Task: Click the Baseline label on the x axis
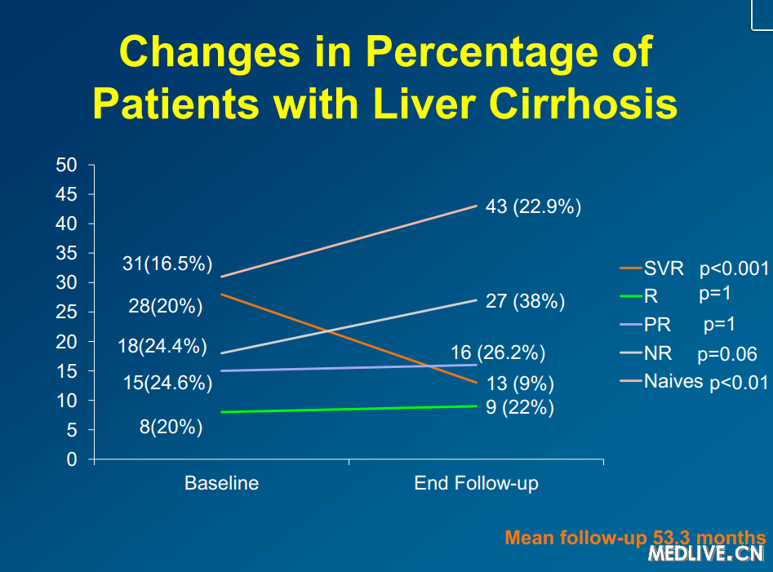point(221,483)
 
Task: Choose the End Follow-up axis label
point(476,483)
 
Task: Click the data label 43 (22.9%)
point(533,207)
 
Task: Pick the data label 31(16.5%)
point(167,264)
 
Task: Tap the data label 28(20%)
point(165,307)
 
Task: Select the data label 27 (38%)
point(525,302)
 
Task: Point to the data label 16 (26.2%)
point(498,353)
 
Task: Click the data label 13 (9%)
point(520,384)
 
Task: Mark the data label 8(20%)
point(171,426)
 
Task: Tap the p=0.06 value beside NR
point(727,355)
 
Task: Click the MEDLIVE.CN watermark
point(706,555)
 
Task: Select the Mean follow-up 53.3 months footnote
point(635,538)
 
